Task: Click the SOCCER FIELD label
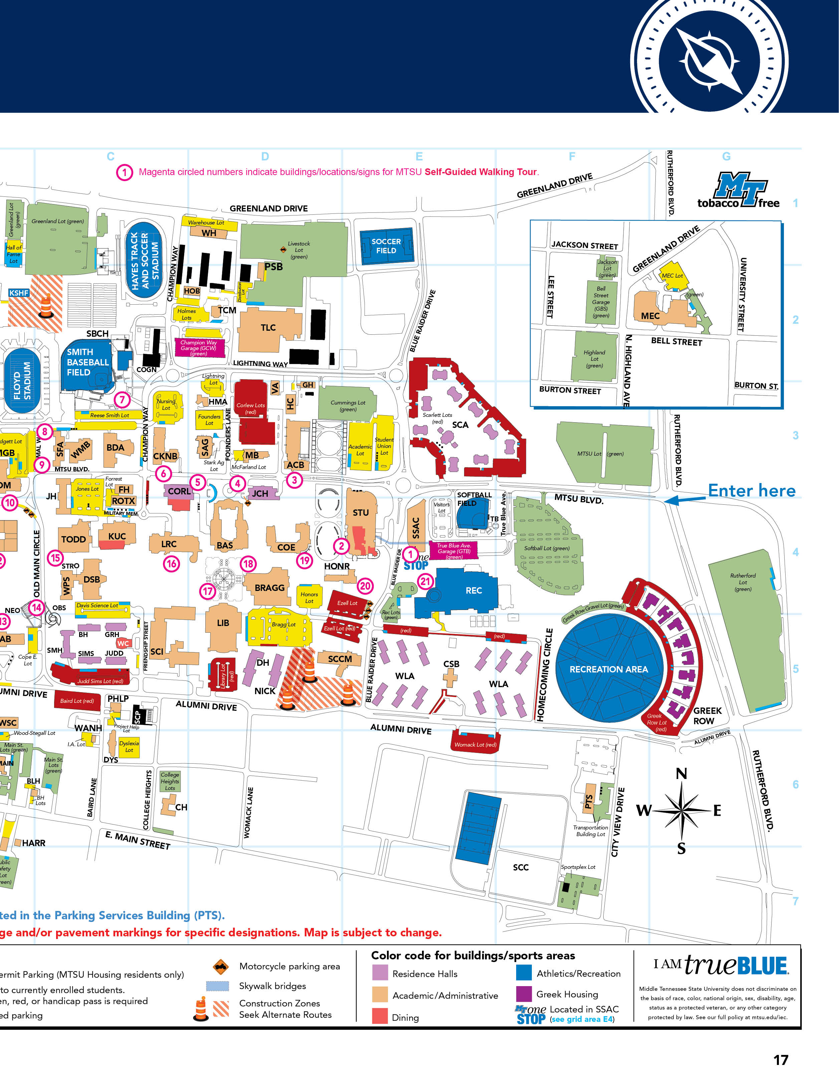[x=386, y=246]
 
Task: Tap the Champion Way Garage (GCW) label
[x=199, y=348]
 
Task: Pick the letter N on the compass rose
[x=681, y=774]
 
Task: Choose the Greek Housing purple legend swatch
[x=524, y=994]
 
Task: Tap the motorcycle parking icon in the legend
[x=220, y=967]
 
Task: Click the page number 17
[x=781, y=1060]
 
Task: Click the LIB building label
[x=223, y=623]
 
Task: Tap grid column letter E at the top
[x=419, y=156]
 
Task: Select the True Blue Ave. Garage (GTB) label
[x=453, y=551]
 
